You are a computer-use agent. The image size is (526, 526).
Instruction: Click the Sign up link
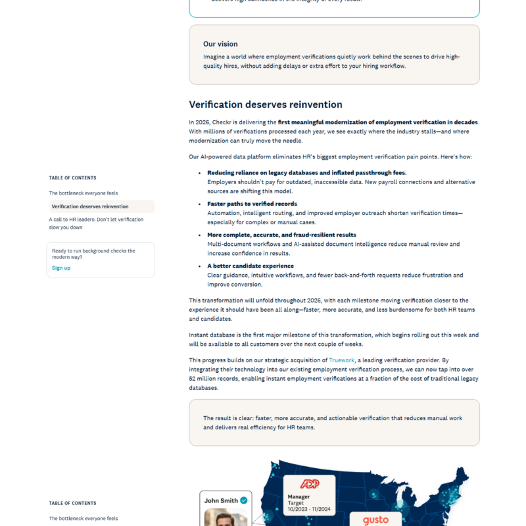(61, 268)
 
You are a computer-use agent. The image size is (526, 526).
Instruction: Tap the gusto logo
(375, 520)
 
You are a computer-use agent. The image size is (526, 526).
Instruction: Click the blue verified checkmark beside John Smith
(244, 500)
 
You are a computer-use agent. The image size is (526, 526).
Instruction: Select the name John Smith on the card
(221, 500)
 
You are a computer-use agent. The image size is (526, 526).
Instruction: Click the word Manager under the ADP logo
(299, 496)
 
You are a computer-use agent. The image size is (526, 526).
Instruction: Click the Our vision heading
(220, 44)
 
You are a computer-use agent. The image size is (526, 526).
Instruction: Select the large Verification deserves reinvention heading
(266, 105)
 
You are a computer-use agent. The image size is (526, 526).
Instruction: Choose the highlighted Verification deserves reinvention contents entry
(90, 206)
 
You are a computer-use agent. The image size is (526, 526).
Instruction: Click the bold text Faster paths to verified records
(252, 204)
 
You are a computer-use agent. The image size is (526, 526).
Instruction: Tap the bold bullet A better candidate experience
(251, 266)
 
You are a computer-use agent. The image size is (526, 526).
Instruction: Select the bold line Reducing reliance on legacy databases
(306, 173)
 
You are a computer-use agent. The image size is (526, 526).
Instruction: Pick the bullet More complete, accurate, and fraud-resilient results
(281, 235)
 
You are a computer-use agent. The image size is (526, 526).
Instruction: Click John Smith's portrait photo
(225, 518)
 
